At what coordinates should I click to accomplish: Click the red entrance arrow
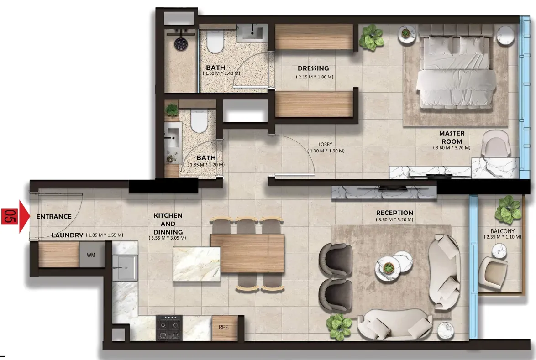click(25, 217)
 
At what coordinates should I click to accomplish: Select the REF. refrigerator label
click(224, 327)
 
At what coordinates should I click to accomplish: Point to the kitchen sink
click(125, 267)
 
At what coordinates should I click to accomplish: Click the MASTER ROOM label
click(452, 137)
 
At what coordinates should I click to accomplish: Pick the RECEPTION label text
click(394, 213)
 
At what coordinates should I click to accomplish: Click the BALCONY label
click(503, 231)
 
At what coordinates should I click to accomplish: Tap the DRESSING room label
click(313, 68)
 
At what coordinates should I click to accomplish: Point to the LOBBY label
click(325, 145)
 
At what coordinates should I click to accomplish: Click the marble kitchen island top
click(197, 264)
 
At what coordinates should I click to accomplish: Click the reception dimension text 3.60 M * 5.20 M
click(394, 219)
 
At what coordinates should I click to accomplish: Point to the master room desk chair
click(496, 143)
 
